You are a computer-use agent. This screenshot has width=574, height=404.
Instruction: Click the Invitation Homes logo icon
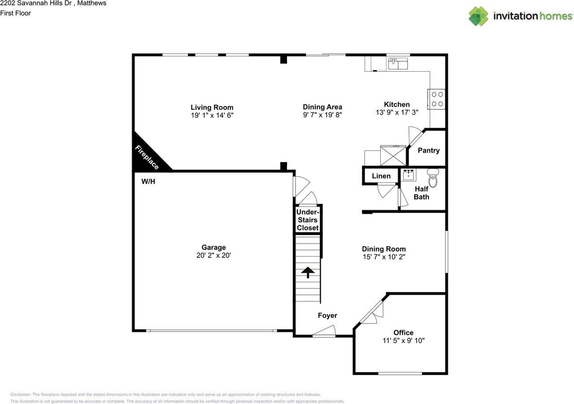tap(478, 16)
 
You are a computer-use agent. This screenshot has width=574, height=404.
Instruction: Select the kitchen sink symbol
tap(398, 64)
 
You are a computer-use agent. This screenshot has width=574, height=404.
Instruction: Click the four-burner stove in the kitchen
tap(437, 99)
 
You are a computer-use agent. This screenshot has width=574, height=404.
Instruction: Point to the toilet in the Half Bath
tap(433, 178)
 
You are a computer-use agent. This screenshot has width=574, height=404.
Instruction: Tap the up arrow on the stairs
tap(308, 272)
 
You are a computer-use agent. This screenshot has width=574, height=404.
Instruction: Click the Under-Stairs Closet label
tap(308, 220)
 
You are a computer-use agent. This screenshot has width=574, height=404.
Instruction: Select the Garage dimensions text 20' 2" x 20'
tap(213, 255)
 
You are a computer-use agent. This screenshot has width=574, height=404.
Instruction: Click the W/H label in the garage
tap(148, 181)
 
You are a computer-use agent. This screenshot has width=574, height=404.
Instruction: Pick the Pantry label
tap(429, 150)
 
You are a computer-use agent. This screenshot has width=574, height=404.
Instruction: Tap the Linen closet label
tap(381, 176)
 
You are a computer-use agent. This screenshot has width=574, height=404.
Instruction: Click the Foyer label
tap(327, 315)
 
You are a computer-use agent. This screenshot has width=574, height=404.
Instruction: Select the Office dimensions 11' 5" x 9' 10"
tap(403, 340)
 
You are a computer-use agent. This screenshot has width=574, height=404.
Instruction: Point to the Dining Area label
tap(322, 107)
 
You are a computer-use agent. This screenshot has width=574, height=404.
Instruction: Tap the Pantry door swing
tap(414, 136)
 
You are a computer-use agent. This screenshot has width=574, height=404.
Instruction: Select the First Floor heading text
tap(15, 13)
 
